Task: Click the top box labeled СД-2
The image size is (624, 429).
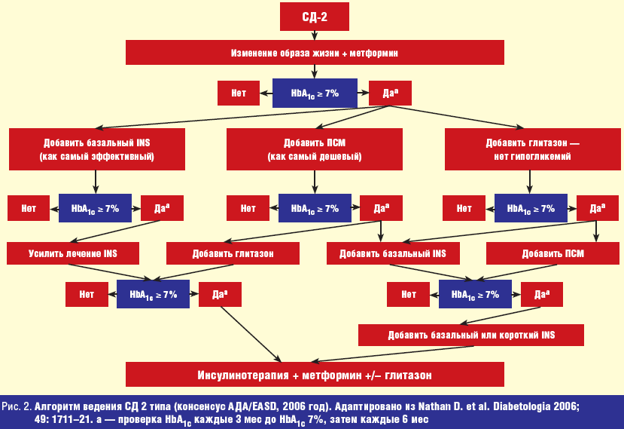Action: click(315, 17)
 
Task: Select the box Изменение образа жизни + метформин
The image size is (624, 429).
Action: click(315, 52)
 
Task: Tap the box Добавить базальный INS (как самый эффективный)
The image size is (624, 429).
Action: click(97, 149)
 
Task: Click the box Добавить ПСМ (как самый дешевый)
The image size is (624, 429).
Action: click(315, 149)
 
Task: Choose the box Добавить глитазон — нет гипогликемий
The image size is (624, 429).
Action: click(532, 149)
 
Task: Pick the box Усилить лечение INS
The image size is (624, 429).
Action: click(73, 253)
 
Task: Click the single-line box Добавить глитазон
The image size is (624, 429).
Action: click(233, 253)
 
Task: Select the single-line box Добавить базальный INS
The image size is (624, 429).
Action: click(393, 253)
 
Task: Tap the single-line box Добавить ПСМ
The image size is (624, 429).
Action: click(552, 253)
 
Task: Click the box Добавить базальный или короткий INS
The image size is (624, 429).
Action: click(471, 335)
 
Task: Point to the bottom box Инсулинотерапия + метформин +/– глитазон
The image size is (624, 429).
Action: click(315, 375)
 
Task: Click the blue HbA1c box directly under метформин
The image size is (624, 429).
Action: click(315, 93)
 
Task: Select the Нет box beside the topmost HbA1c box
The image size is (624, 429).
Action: click(239, 93)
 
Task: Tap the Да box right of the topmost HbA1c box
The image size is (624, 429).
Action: click(390, 93)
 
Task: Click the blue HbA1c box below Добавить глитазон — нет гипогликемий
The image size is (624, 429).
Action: click(531, 208)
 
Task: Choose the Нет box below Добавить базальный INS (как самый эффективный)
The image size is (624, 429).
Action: click(29, 208)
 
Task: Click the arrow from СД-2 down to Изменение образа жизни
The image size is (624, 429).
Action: click(315, 35)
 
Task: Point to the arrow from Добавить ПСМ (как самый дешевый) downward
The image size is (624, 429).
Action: click(315, 182)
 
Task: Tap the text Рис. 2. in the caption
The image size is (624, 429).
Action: click(17, 406)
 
